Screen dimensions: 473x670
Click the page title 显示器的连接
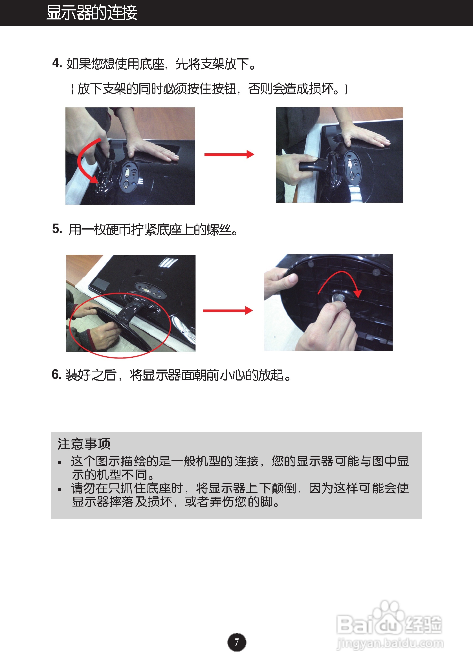tap(92, 13)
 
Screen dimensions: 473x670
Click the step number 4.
tap(57, 63)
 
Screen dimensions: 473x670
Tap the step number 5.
tap(57, 229)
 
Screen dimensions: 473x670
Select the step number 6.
tap(56, 374)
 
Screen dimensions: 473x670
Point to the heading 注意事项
tap(84, 444)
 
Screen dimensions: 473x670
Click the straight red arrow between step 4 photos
tap(229, 154)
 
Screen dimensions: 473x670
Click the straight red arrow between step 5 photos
tap(228, 311)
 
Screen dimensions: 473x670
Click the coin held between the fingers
tap(338, 298)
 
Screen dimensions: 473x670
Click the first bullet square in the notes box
tap(60, 463)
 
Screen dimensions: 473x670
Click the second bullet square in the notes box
tap(60, 489)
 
